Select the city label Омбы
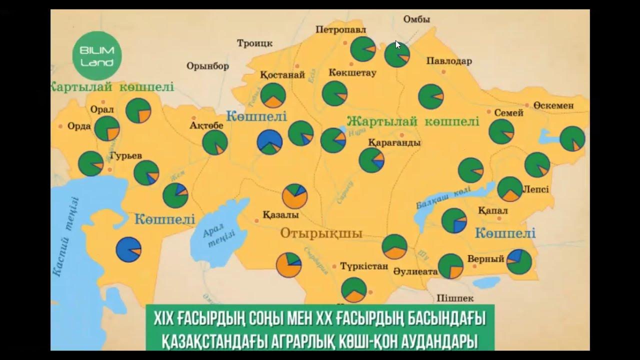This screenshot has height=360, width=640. [416, 19]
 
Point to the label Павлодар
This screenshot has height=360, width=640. [449, 61]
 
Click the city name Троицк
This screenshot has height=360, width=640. [254, 43]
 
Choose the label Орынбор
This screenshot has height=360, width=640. [207, 66]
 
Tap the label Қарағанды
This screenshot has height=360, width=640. [394, 142]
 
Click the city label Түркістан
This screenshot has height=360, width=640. [363, 265]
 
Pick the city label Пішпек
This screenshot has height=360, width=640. [454, 298]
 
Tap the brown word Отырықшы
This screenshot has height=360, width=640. [321, 233]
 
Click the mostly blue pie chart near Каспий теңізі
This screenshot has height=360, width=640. [128, 249]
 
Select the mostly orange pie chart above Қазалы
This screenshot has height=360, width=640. [295, 196]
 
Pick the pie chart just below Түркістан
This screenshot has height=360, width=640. [353, 290]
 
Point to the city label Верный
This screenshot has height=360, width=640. [485, 259]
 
